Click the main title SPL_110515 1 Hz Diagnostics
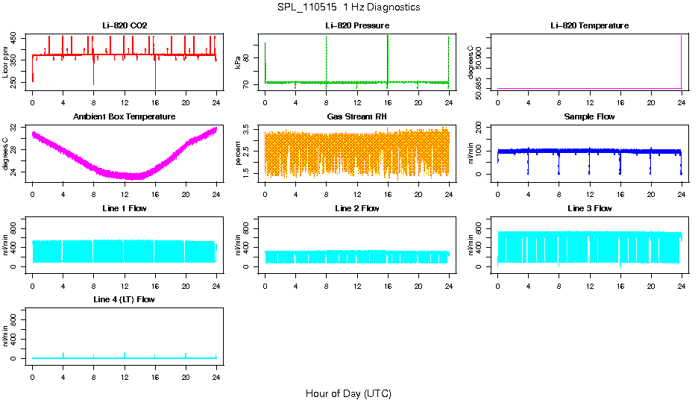pyautogui.click(x=348, y=7)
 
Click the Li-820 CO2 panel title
pyautogui.click(x=125, y=26)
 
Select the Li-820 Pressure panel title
pyautogui.click(x=356, y=26)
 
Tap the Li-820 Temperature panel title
pyautogui.click(x=589, y=26)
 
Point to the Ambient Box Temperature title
pyautogui.click(x=125, y=117)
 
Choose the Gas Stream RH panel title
pyautogui.click(x=356, y=117)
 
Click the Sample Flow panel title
pyautogui.click(x=589, y=117)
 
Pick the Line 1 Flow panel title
pyautogui.click(x=125, y=208)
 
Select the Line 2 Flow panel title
pyautogui.click(x=356, y=208)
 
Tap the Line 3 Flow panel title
pyautogui.click(x=589, y=208)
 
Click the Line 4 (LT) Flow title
pyautogui.click(x=125, y=299)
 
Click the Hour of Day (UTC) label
pyautogui.click(x=348, y=393)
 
